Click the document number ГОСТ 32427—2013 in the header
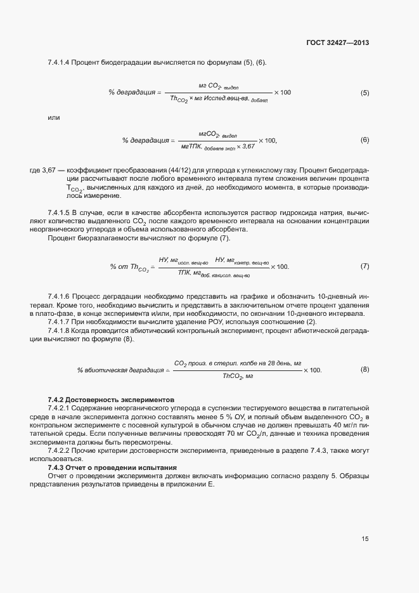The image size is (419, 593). [338, 43]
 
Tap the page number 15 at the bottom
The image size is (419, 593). [365, 539]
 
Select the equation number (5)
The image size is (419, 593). [364, 93]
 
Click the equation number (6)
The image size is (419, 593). [364, 140]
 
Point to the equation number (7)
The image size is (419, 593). [364, 266]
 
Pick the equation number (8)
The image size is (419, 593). [364, 370]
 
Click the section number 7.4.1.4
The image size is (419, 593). [58, 62]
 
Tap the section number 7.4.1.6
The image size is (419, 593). [58, 297]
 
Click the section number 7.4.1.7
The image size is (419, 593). [58, 322]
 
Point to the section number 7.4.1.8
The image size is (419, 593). [58, 330]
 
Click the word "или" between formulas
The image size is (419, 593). [53, 118]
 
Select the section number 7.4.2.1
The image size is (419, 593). [61, 409]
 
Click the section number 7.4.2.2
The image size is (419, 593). [61, 450]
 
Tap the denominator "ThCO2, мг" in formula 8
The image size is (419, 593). [238, 377]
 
